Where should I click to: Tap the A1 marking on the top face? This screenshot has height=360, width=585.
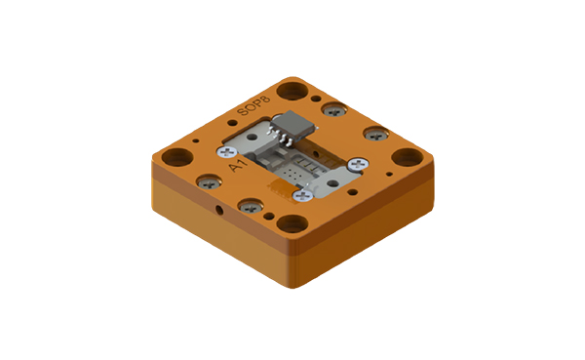click(237, 169)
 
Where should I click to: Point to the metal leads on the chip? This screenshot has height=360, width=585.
click(284, 140)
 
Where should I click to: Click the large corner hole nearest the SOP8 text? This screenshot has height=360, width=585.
click(290, 92)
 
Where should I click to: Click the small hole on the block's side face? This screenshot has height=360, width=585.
click(220, 210)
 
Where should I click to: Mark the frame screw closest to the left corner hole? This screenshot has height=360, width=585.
click(206, 181)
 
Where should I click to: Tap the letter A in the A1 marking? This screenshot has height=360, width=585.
click(233, 172)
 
